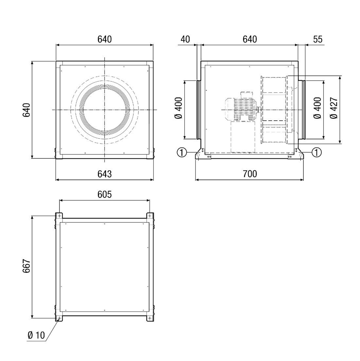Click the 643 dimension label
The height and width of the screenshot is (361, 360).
point(104,174)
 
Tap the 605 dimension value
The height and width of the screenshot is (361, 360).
point(104,194)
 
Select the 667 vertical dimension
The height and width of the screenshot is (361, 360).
point(27,266)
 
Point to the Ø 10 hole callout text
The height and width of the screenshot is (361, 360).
point(36,335)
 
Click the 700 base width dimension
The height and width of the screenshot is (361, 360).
point(250,174)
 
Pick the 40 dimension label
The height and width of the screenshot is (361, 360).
point(185,39)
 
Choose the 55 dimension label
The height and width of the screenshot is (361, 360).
point(318,39)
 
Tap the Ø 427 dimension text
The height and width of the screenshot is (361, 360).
point(334,108)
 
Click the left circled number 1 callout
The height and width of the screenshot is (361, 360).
point(182,152)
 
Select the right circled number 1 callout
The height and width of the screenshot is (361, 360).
point(317,152)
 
